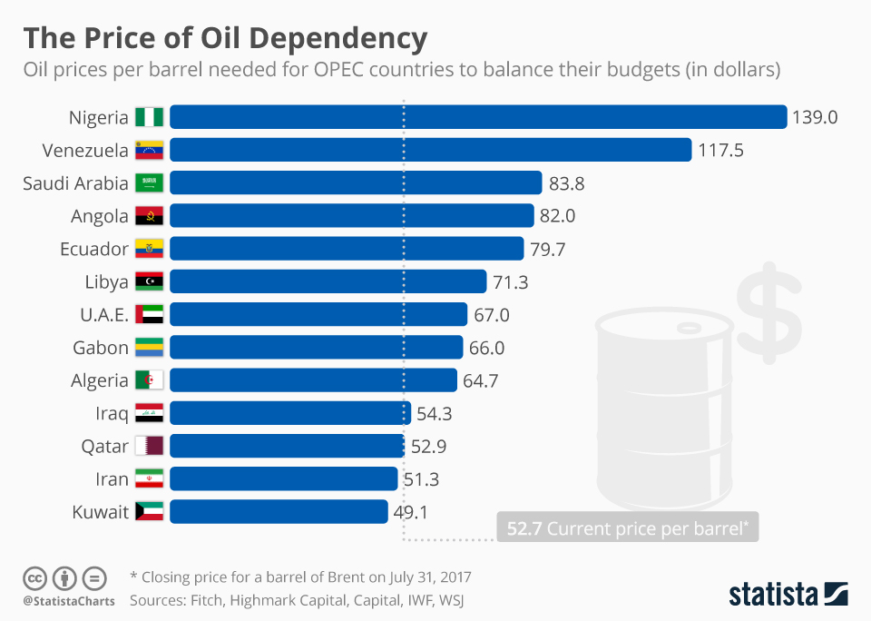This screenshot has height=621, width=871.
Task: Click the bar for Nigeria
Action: pyautogui.click(x=477, y=117)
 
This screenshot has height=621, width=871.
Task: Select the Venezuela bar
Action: pyautogui.click(x=430, y=150)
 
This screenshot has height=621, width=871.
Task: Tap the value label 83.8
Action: pyautogui.click(x=566, y=183)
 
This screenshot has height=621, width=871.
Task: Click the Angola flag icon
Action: pyautogui.click(x=149, y=216)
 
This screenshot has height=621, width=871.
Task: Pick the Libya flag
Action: pyautogui.click(x=149, y=281)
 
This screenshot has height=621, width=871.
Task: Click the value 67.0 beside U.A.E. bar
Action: pyautogui.click(x=491, y=315)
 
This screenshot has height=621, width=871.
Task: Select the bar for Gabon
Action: pyautogui.click(x=316, y=347)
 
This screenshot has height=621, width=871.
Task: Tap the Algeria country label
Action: pyautogui.click(x=99, y=380)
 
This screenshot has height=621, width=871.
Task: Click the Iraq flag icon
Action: pyautogui.click(x=149, y=413)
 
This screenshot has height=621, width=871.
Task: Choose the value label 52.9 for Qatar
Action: pyautogui.click(x=428, y=447)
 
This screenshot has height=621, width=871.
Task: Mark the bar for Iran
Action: pyautogui.click(x=283, y=478)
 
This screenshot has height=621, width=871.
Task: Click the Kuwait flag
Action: pyautogui.click(x=149, y=512)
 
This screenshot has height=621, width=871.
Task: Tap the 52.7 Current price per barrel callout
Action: pyautogui.click(x=628, y=527)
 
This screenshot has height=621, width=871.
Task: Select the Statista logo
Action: pyautogui.click(x=788, y=595)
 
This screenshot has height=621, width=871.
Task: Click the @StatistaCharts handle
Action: pyautogui.click(x=68, y=601)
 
